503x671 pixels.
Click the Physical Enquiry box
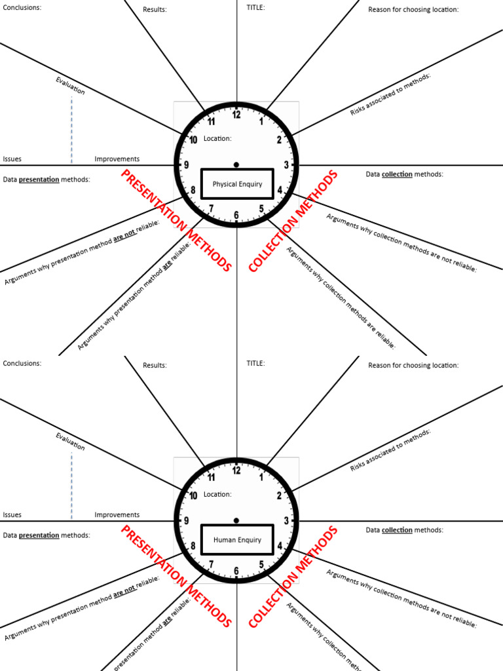pyautogui.click(x=236, y=184)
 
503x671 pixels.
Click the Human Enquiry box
pyautogui.click(x=236, y=540)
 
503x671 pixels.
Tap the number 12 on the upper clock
pyautogui.click(x=236, y=115)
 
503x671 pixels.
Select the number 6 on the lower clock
pyautogui.click(x=236, y=571)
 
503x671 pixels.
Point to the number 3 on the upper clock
pyautogui.click(x=286, y=165)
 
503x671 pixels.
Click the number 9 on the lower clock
pyautogui.click(x=187, y=521)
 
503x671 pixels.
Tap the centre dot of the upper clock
pyautogui.click(x=236, y=164)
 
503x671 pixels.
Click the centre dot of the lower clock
pyautogui.click(x=236, y=520)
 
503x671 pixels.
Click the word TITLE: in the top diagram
pyautogui.click(x=255, y=9)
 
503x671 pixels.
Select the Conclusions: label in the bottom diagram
pyautogui.click(x=22, y=363)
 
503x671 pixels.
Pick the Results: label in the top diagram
pyautogui.click(x=155, y=9)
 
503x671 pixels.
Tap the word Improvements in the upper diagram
pyautogui.click(x=117, y=159)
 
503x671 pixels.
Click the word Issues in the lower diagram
pyautogui.click(x=12, y=515)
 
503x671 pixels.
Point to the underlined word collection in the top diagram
pyautogui.click(x=397, y=174)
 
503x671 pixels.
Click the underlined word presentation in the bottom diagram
pyautogui.click(x=39, y=535)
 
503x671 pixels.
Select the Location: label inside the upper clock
pyautogui.click(x=217, y=138)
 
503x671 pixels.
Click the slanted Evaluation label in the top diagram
pyautogui.click(x=70, y=86)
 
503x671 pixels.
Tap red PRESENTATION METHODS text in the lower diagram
pyautogui.click(x=176, y=576)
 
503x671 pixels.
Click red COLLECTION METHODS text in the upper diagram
pyautogui.click(x=294, y=221)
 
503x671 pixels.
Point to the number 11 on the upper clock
pyautogui.click(x=212, y=121)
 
